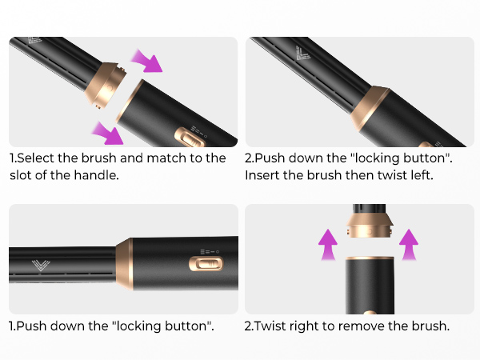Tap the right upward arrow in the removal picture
coord(408,242)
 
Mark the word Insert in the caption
coord(264,174)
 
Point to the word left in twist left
coord(419,174)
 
